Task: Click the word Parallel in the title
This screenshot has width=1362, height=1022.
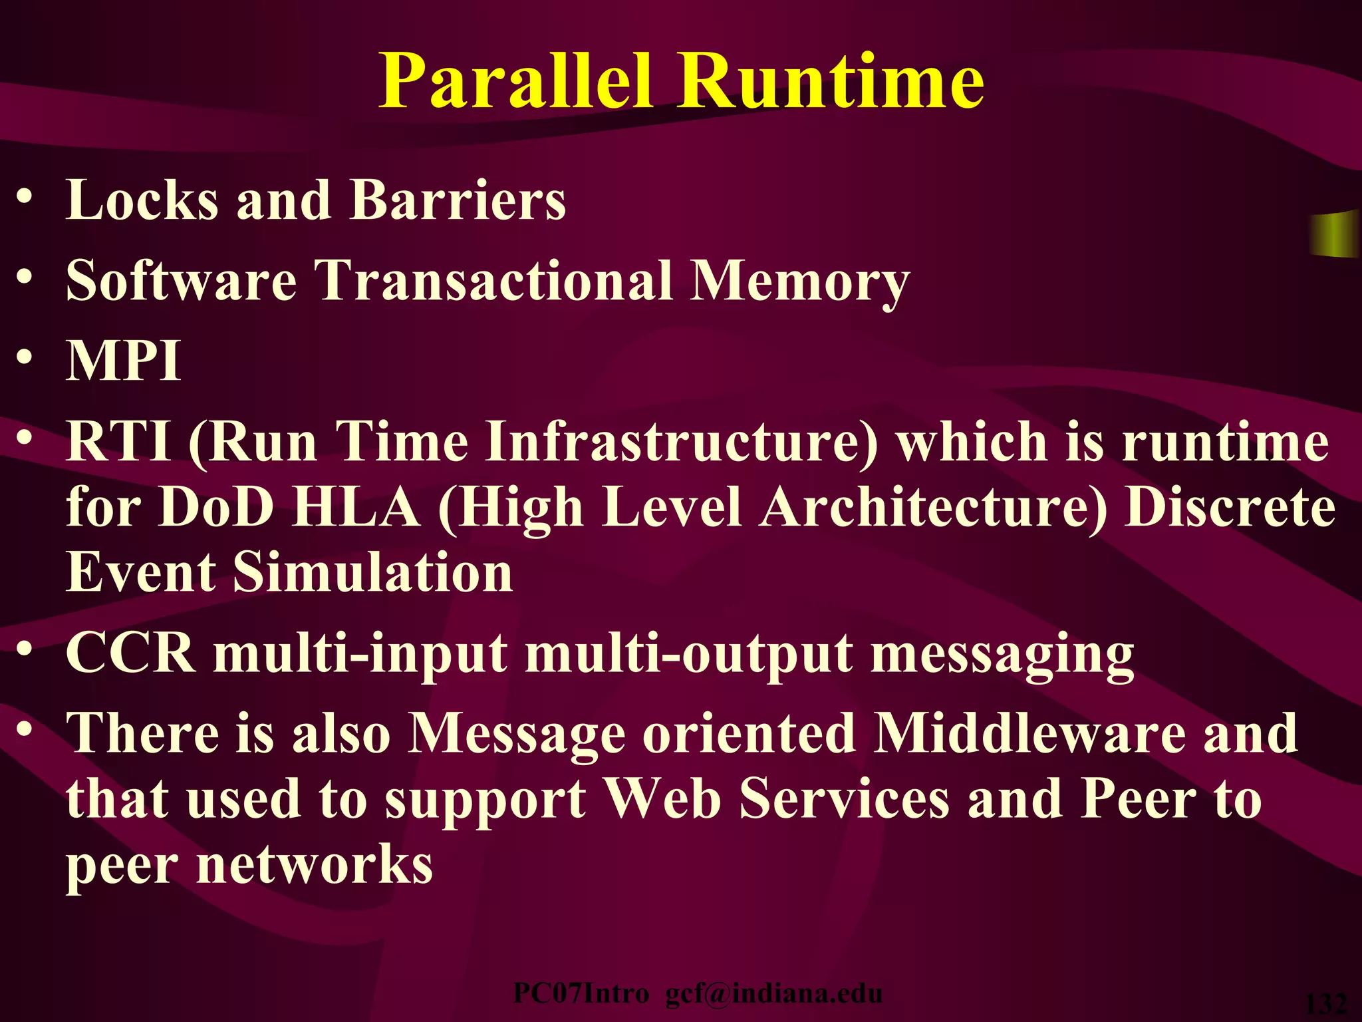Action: pos(515,81)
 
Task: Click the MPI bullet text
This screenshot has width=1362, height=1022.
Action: pos(124,361)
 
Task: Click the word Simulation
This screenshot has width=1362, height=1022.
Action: pos(373,572)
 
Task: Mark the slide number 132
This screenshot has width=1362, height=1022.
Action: pos(1327,1004)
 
